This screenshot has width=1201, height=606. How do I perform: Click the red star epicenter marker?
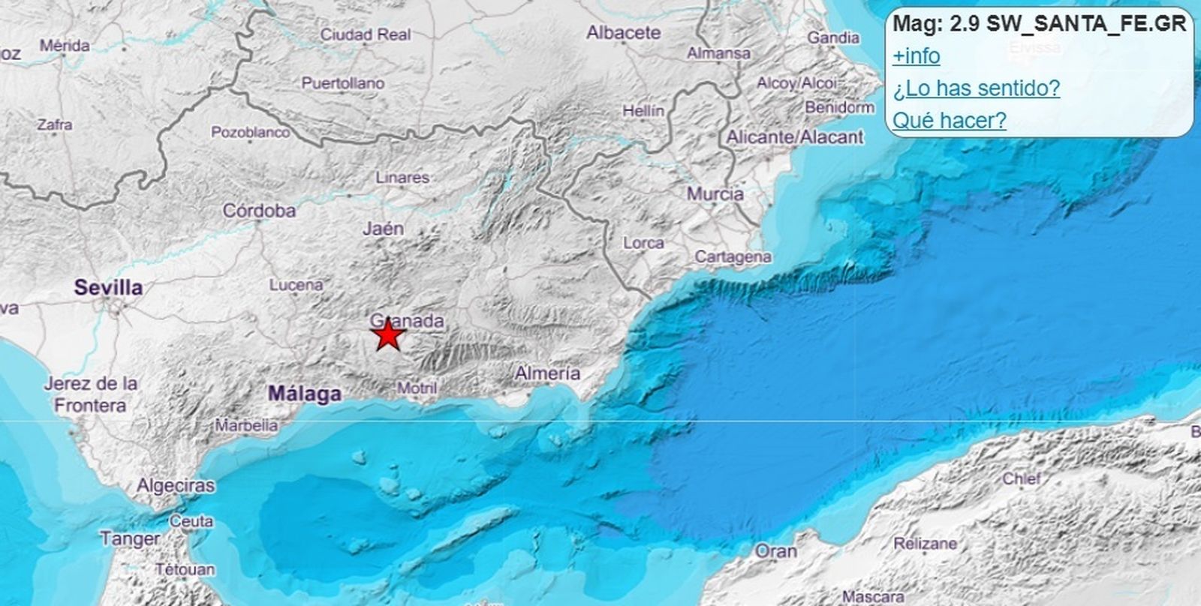pos(387,334)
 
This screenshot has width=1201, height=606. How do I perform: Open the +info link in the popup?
pos(916,56)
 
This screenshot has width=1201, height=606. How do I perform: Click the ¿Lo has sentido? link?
pos(976,88)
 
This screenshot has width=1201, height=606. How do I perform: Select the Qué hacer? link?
pos(949,121)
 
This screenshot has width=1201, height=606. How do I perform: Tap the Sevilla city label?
pos(108,287)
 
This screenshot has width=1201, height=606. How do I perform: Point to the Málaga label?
pos(305,393)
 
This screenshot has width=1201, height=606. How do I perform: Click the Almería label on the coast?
pos(547,373)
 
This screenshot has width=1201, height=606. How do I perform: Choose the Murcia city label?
pos(715,194)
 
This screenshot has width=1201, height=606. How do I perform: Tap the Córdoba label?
pos(259,211)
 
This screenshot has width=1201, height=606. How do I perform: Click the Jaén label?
pos(383,229)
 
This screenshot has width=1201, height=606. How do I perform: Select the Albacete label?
pos(623,33)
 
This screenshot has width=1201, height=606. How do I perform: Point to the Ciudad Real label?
pos(366,34)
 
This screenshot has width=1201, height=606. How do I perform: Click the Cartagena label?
pos(732,257)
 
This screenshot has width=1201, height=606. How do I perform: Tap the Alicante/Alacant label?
pos(794,137)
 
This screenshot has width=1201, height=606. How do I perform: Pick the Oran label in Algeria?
pos(775,551)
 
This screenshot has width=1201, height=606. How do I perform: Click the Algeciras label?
pos(175,486)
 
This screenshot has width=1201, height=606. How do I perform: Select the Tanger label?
pos(129,539)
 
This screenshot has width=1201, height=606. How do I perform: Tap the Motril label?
pos(417,388)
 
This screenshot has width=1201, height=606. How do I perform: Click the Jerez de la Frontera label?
pos(90,394)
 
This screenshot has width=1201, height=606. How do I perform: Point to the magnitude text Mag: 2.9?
pos(935,24)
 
